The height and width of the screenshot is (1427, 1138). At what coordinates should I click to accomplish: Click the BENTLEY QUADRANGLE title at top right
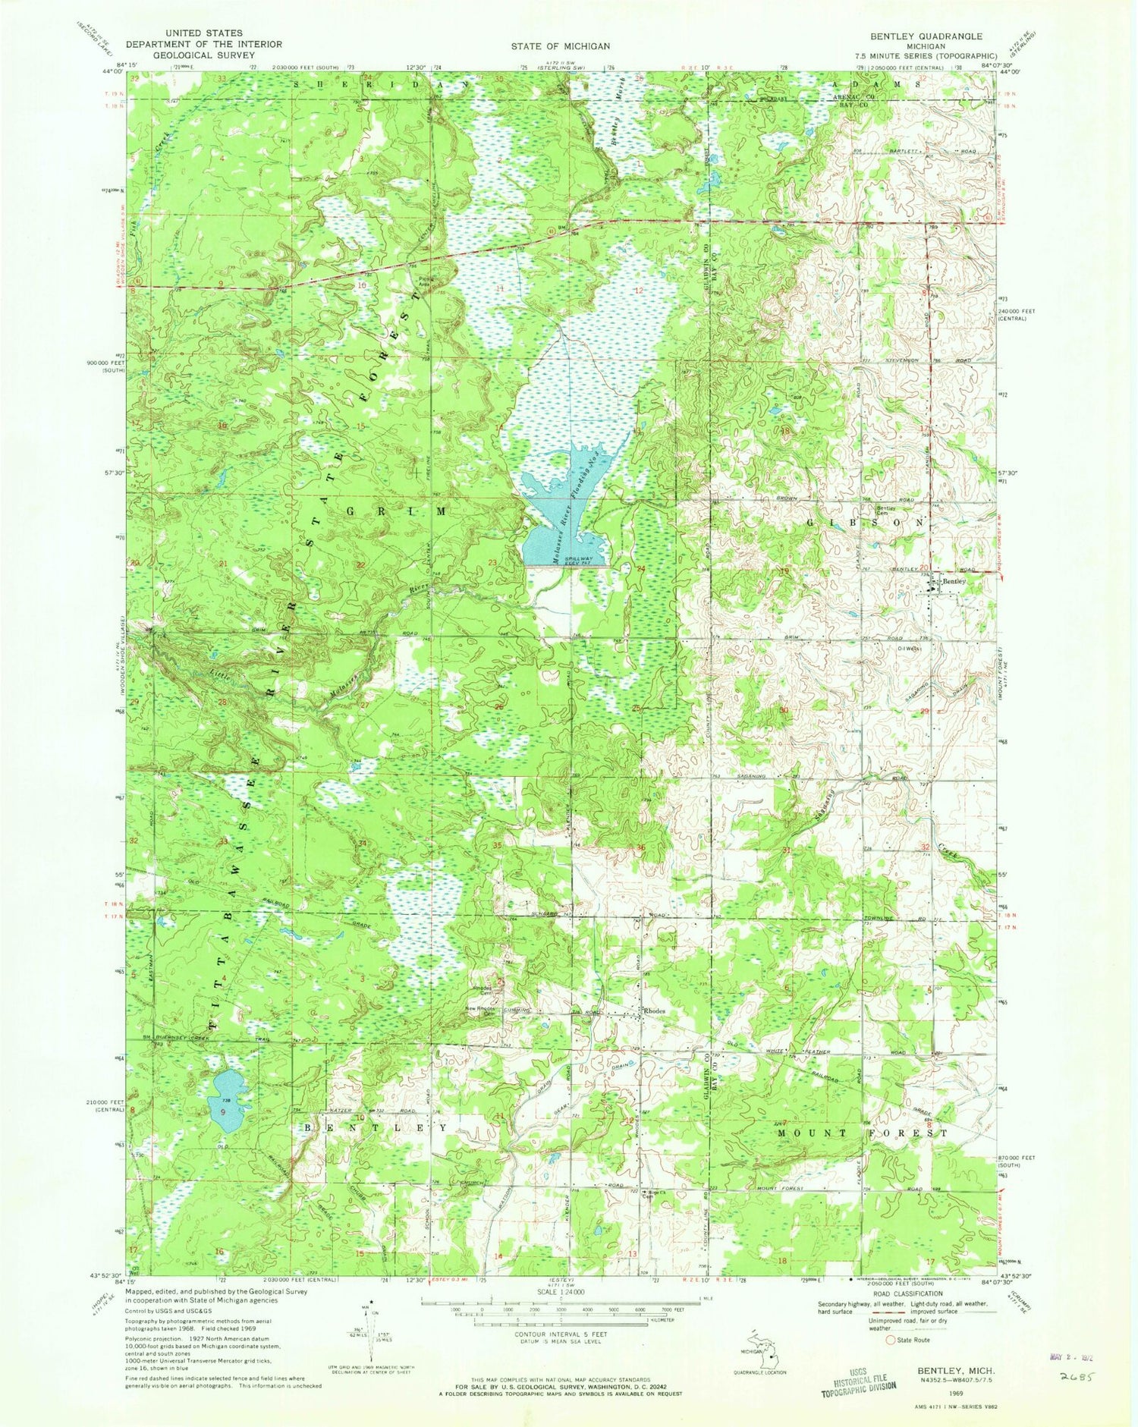click(x=938, y=36)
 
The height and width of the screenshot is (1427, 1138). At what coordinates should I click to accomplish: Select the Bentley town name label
click(x=954, y=581)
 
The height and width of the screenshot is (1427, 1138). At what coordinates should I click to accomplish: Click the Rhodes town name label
click(x=657, y=1011)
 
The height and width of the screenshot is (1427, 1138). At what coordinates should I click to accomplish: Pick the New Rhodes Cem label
click(x=481, y=1011)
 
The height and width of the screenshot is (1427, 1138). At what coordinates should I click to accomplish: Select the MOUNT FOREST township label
click(x=863, y=1133)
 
